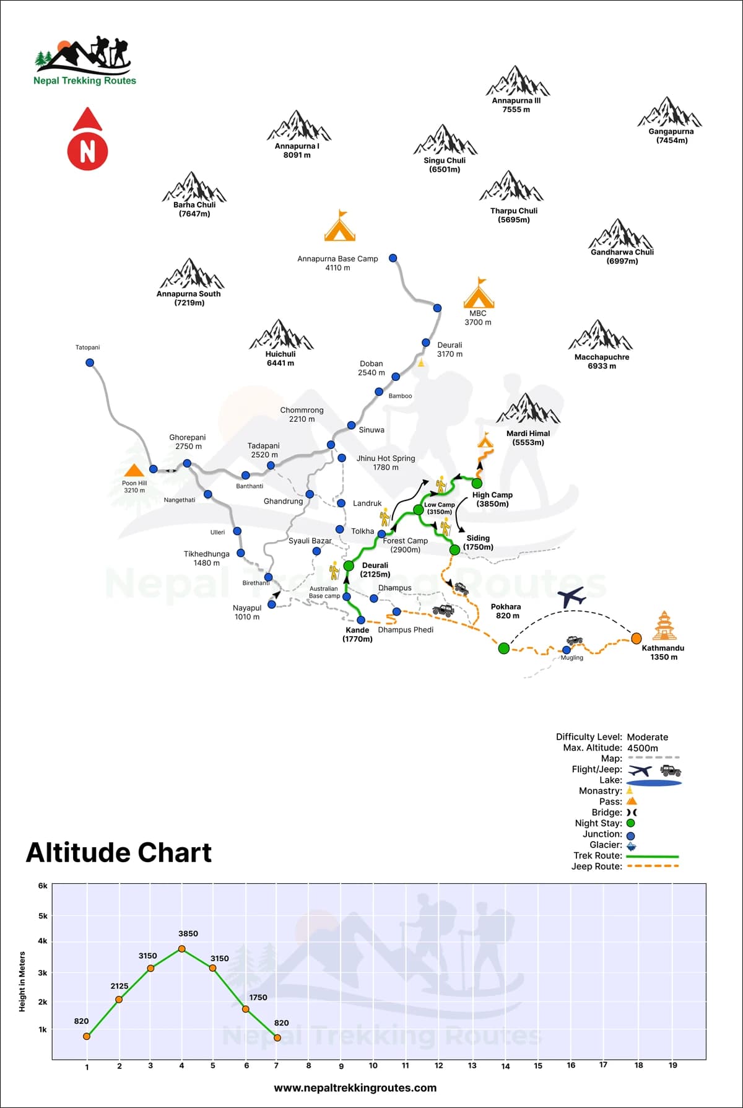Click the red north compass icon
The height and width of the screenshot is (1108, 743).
click(87, 141)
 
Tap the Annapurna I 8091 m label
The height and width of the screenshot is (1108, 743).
click(297, 150)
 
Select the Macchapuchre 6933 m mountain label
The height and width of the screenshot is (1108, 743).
click(602, 361)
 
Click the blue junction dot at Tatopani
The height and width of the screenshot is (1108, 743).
click(90, 363)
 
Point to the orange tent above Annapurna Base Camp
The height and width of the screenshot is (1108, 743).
click(339, 226)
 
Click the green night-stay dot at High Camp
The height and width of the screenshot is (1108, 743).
click(477, 483)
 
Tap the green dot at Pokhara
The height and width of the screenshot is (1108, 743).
click(504, 648)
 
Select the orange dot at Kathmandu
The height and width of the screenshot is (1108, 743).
click(636, 638)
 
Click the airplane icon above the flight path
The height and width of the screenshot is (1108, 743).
click(571, 598)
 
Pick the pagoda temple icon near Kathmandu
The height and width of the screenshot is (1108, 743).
click(663, 626)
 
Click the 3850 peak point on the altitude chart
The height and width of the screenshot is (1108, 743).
click(182, 949)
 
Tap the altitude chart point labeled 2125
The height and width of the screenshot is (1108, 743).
click(119, 999)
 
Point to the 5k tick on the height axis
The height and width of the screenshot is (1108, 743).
click(43, 916)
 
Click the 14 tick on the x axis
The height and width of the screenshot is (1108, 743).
click(505, 1066)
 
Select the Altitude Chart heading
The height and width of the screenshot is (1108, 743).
click(119, 853)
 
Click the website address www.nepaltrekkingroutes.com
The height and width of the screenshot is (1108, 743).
click(355, 1088)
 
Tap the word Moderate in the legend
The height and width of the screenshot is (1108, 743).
click(647, 737)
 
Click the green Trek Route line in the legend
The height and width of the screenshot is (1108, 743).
click(653, 856)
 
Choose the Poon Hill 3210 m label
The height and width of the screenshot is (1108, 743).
click(134, 487)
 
